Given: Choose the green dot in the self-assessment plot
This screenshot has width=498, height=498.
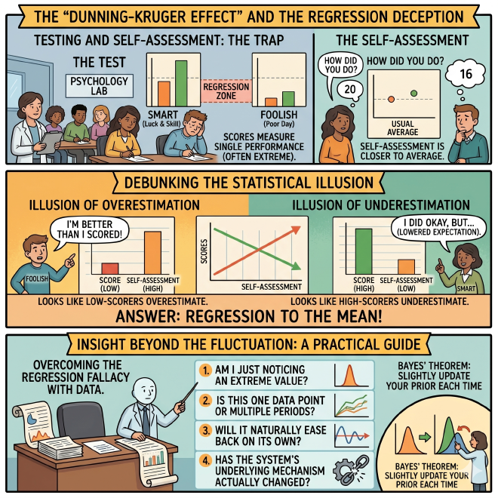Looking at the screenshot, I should click(x=413, y=93).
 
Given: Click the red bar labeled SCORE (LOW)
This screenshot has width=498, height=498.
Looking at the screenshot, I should click(x=110, y=269).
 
